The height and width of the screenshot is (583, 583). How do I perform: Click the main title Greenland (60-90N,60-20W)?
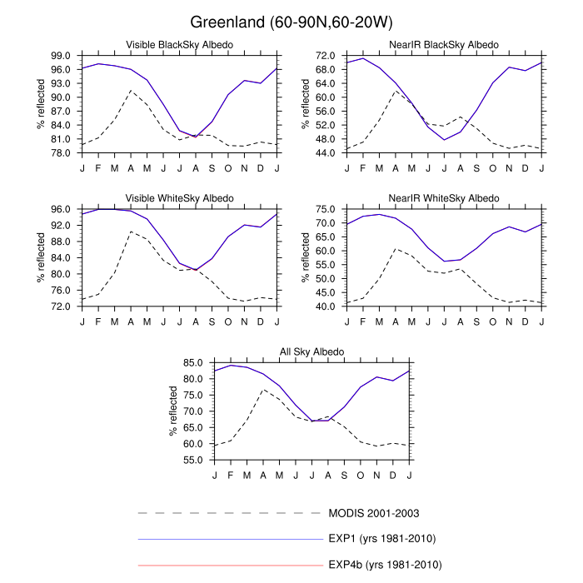tap(291, 21)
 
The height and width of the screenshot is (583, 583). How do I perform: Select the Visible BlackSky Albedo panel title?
tap(179, 44)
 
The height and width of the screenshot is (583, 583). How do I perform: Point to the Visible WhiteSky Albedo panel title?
tap(179, 198)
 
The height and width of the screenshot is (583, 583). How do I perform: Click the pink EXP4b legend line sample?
tap(229, 565)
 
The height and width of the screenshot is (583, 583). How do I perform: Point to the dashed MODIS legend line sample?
tap(229, 511)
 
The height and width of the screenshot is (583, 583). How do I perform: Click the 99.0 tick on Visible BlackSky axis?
tap(64, 56)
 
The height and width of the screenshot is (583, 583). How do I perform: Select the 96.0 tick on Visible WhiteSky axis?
tap(64, 209)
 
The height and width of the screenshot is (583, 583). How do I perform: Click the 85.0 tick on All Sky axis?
tap(197, 363)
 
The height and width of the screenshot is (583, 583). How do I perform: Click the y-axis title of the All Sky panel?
tap(174, 411)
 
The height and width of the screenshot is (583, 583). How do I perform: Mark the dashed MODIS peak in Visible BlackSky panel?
tap(131, 90)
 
